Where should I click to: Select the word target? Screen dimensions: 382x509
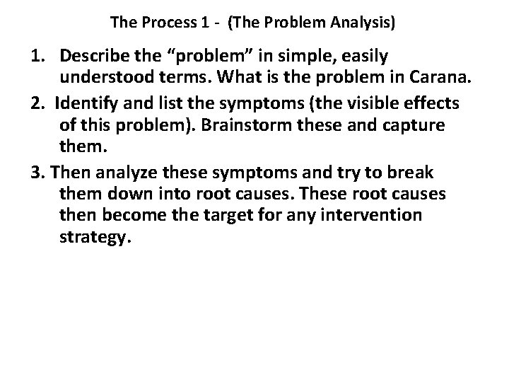[233, 214]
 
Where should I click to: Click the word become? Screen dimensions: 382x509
[133, 214]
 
